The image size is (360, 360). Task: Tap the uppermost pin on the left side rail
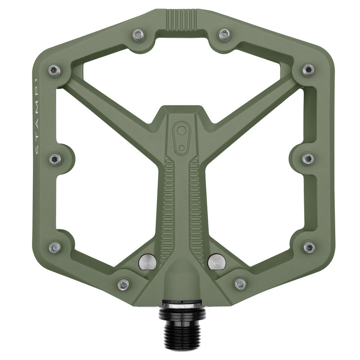[x=54, y=70]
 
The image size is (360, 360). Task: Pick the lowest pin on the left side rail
[x=54, y=247]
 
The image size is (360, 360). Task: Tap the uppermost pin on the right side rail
[x=308, y=70]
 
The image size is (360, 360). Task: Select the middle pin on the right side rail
[x=308, y=158]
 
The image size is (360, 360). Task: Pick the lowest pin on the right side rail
[x=309, y=247]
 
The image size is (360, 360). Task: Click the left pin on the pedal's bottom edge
[x=123, y=284]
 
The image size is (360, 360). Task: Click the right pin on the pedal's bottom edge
[x=240, y=284]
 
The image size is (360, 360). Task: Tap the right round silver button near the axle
[x=216, y=261]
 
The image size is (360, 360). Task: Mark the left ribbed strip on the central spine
[x=167, y=207]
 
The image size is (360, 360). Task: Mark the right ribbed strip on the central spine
[x=196, y=207]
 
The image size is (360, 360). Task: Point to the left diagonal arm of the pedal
[x=112, y=108]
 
